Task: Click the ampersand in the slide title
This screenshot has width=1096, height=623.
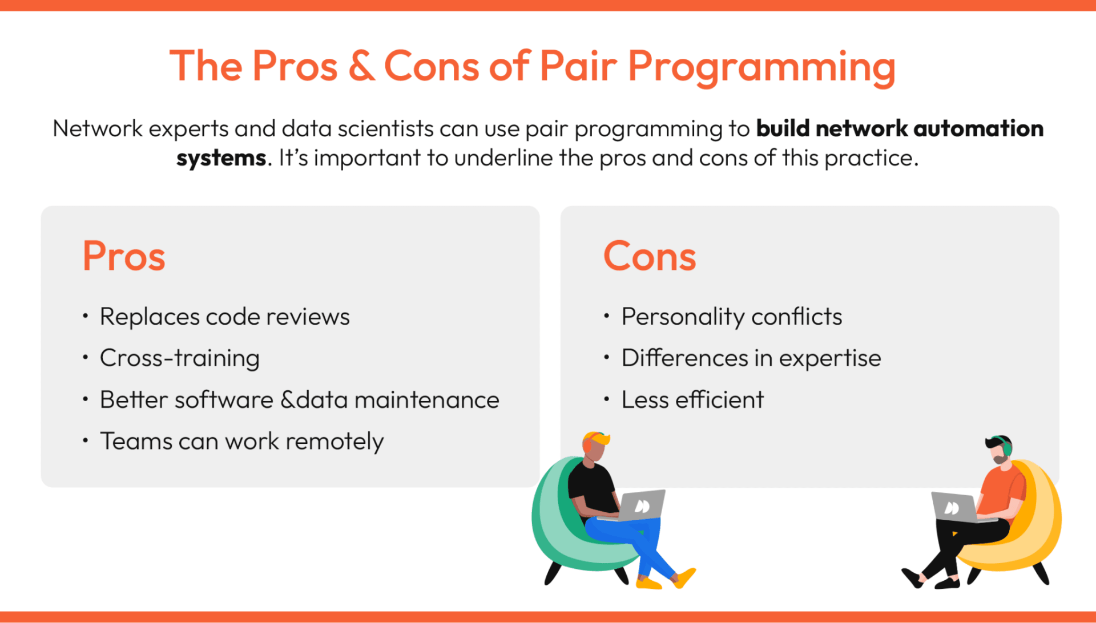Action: point(362,66)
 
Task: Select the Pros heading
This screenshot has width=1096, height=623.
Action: point(124,256)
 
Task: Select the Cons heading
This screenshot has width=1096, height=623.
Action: point(650,256)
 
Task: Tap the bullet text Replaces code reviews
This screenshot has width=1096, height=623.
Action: point(225,317)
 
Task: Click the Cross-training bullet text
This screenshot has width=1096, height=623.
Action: point(180,358)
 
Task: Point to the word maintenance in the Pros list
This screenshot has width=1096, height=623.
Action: point(427,400)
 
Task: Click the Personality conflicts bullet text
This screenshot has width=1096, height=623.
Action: point(732,317)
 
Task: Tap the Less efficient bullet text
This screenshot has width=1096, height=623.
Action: point(692,399)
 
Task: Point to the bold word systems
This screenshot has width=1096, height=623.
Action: point(221,159)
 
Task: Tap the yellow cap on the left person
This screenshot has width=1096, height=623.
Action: point(596,438)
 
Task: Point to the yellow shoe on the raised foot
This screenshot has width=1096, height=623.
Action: point(684,577)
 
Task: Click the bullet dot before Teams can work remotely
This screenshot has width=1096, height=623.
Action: point(85,440)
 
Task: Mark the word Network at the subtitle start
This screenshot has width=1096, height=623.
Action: point(98,128)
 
